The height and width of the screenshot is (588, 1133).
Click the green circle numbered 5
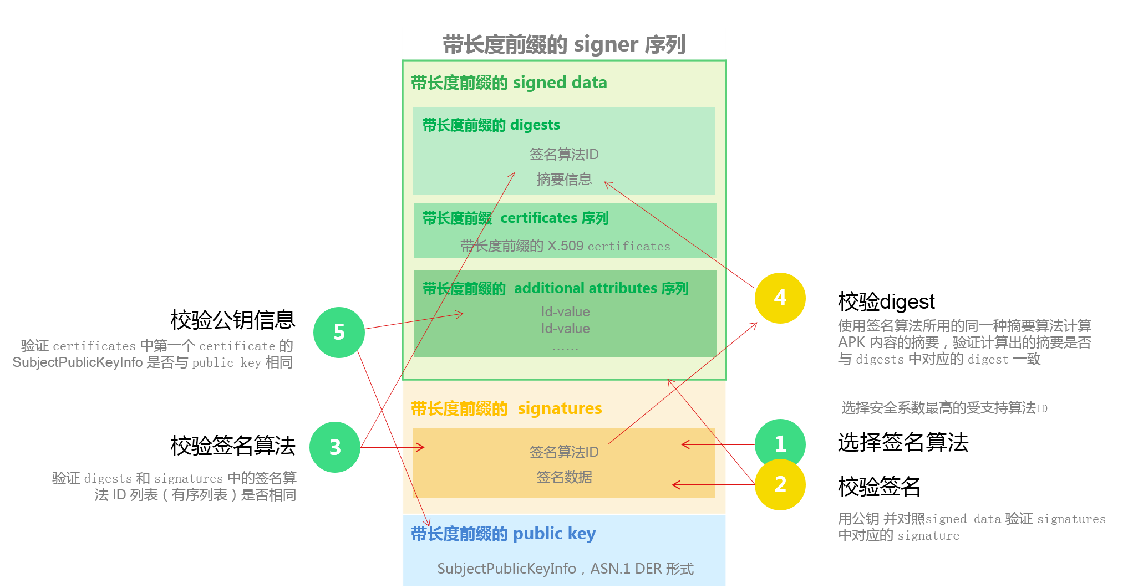[339, 333]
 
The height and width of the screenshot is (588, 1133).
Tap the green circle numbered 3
[335, 447]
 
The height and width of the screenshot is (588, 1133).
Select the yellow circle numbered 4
[780, 298]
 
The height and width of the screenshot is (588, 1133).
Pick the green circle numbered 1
[780, 442]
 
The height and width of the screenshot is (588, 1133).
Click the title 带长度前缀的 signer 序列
[564, 44]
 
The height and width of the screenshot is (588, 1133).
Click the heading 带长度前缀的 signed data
[509, 83]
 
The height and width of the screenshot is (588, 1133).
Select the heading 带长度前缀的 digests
[491, 125]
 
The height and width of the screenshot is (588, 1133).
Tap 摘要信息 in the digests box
[564, 179]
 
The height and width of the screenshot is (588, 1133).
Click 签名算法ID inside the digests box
[564, 154]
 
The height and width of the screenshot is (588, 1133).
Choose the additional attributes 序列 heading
[555, 289]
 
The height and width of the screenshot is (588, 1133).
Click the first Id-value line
[565, 312]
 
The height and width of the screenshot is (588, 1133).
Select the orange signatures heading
[506, 409]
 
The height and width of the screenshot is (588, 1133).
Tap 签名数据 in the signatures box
[564, 477]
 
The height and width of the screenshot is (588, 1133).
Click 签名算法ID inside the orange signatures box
[564, 452]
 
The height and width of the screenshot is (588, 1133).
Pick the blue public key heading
[503, 534]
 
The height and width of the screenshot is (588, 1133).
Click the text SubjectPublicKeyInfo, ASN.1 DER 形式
[565, 569]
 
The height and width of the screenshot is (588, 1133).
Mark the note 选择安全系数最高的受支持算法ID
[944, 408]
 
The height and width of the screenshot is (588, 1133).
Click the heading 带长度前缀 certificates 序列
[515, 218]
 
